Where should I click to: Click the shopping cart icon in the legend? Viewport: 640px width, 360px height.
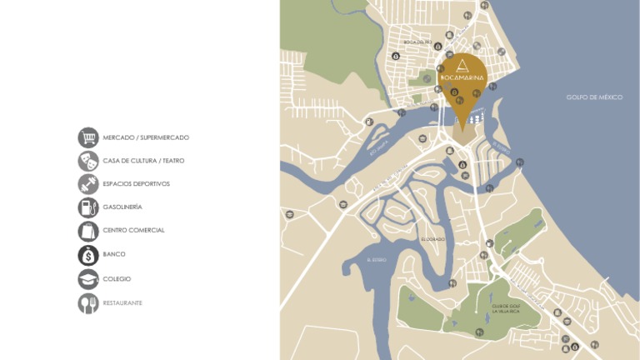(x=88, y=137)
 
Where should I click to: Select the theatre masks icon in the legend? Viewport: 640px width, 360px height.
(x=88, y=161)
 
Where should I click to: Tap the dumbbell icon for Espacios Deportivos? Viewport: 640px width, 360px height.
(x=88, y=184)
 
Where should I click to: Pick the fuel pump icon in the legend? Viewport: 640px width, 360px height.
(x=88, y=207)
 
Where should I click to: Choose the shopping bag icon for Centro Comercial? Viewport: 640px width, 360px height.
(x=88, y=231)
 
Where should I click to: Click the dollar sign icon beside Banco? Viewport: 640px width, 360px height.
(x=88, y=255)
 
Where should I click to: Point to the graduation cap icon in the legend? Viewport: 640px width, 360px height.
(x=88, y=279)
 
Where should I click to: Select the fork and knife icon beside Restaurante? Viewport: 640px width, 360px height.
(x=88, y=303)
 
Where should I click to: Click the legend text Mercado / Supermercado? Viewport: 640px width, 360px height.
(x=146, y=137)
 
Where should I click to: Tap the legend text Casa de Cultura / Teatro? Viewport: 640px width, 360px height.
(x=143, y=161)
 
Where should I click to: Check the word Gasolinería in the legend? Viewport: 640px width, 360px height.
(x=122, y=207)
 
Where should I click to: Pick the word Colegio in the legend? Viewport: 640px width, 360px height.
(x=117, y=279)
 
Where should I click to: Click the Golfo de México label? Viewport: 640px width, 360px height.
(x=594, y=97)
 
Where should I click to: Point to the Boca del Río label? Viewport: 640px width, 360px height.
(x=417, y=42)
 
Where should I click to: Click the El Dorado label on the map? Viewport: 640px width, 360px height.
(x=433, y=239)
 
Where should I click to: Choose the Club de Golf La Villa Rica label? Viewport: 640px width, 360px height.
(x=504, y=308)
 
